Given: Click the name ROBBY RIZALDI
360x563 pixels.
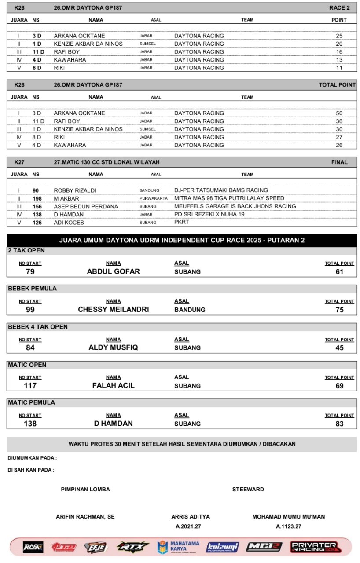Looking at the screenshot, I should click(x=75, y=190).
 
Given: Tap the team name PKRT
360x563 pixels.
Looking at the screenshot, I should click(x=181, y=222).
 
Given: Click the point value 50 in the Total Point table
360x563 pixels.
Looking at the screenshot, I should click(x=339, y=113).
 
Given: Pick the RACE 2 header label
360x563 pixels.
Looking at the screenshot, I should click(x=339, y=8).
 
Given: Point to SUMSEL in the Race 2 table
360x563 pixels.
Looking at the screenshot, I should click(x=147, y=44).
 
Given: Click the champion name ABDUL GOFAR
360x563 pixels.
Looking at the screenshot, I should click(x=114, y=271).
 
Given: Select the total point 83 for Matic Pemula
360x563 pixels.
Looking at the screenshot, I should click(x=339, y=424).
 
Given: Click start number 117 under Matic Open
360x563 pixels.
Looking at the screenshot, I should click(x=30, y=386).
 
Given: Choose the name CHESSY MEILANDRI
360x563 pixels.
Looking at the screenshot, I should click(x=114, y=310).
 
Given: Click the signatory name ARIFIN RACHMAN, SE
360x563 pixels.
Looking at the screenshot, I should click(x=85, y=517).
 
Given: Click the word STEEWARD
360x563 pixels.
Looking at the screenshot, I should click(x=248, y=489).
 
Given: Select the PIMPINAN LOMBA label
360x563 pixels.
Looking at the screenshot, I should click(x=85, y=489).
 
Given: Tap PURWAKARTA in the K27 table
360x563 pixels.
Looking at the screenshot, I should click(x=151, y=198).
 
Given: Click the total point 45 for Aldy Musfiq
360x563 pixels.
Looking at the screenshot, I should click(x=339, y=348).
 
